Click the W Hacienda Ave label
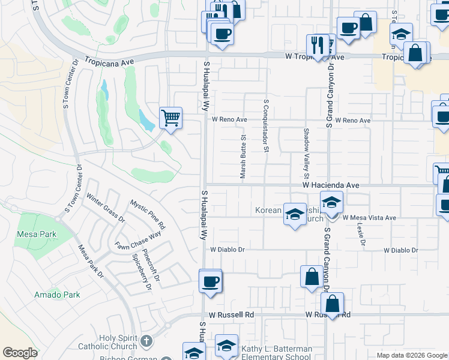pos(331,186)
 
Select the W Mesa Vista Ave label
pos(370,218)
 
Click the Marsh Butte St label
pos(244,157)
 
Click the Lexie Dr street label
pos(361,234)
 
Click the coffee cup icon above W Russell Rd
pos(210,281)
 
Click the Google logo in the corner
pos(20,353)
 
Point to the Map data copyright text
pos(412,355)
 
